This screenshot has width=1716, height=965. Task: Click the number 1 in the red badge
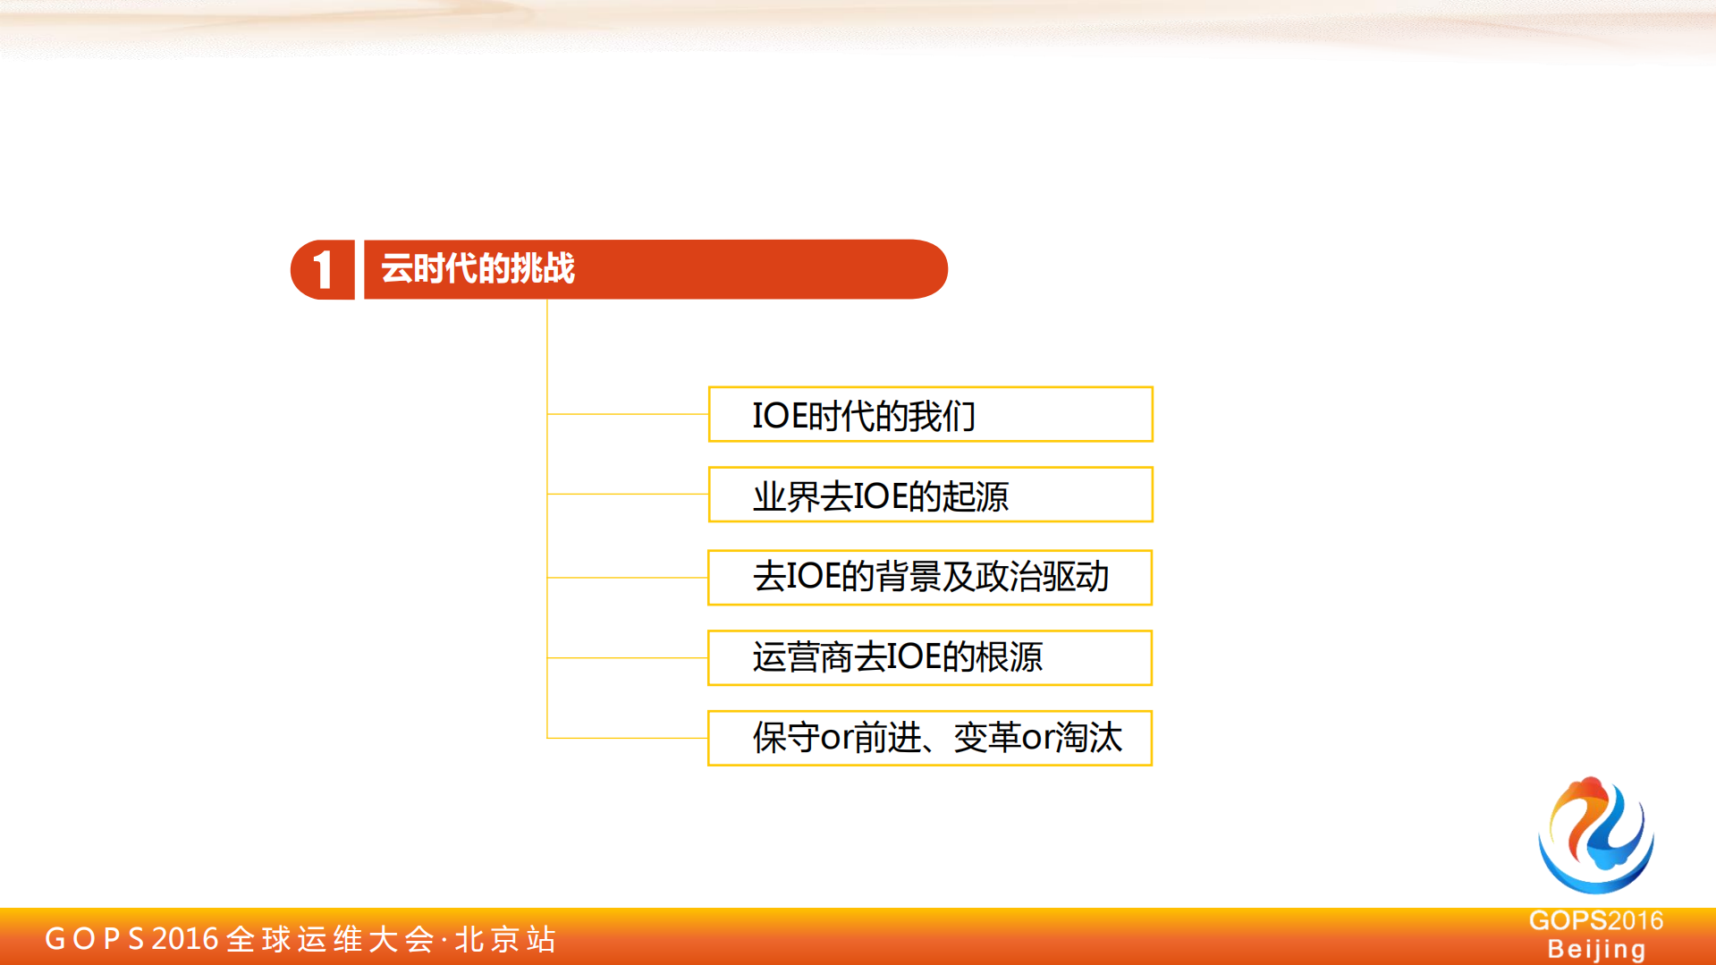coord(323,270)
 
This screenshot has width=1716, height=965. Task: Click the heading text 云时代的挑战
coord(478,268)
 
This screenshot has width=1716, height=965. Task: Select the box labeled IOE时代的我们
coord(930,414)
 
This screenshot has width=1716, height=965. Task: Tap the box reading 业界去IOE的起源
coord(930,495)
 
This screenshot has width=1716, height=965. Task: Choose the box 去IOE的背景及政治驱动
coord(930,578)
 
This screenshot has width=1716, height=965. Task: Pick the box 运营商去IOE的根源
coord(930,658)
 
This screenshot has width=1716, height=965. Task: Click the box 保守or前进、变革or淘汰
coord(930,739)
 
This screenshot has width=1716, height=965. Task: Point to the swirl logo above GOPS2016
coord(1596,835)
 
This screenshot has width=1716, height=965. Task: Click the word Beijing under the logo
coord(1596,949)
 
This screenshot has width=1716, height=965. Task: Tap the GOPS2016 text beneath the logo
coord(1596,920)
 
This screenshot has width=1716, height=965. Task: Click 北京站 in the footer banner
coord(506,939)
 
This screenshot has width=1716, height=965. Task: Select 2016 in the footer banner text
coord(185,939)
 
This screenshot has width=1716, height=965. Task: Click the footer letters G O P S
coord(95,939)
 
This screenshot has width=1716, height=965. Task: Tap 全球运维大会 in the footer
coord(330,939)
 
